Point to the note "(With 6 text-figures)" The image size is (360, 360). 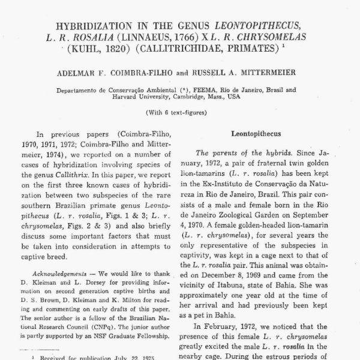point(180,113)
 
